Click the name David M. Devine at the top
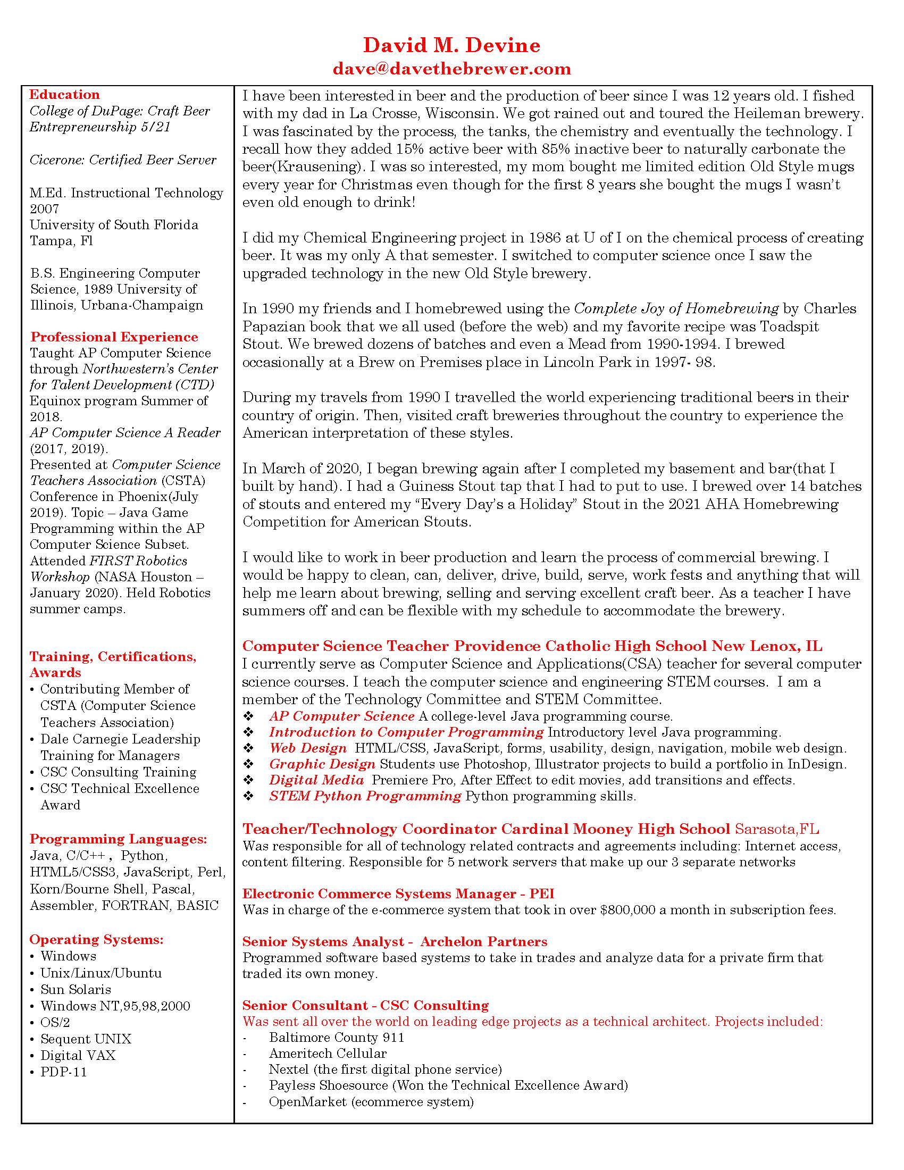[451, 45]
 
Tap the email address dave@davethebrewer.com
[451, 69]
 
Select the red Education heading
[64, 95]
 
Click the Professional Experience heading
[114, 337]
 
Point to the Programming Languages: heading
[118, 839]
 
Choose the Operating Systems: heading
[96, 940]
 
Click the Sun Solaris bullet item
[76, 990]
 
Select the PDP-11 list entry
[63, 1072]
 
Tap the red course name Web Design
[308, 748]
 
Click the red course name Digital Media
[316, 780]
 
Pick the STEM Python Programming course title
[365, 796]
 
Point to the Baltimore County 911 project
[336, 1037]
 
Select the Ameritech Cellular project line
[327, 1053]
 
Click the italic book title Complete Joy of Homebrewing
[676, 308]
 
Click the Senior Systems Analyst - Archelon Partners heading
[395, 942]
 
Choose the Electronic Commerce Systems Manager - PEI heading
[398, 893]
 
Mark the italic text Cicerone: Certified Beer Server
[123, 160]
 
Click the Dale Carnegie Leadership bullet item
[120, 739]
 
